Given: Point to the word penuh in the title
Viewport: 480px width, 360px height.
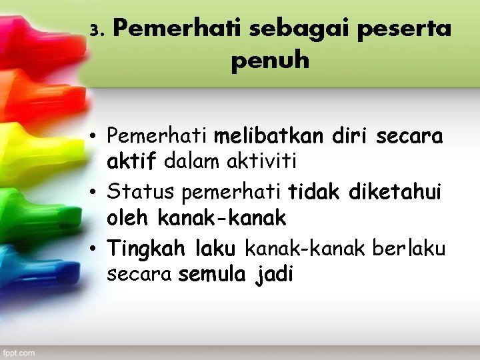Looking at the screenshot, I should tap(270, 61).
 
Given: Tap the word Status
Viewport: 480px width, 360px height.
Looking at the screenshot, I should tap(142, 193).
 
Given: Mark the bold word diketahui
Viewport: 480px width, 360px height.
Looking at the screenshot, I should tap(401, 193).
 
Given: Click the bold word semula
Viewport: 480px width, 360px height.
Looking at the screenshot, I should tap(212, 274).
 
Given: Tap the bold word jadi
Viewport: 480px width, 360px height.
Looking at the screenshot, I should tap(275, 275).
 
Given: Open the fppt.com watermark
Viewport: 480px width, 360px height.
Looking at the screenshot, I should tap(21, 352).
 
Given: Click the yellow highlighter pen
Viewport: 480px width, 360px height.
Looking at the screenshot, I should tap(20, 143).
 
